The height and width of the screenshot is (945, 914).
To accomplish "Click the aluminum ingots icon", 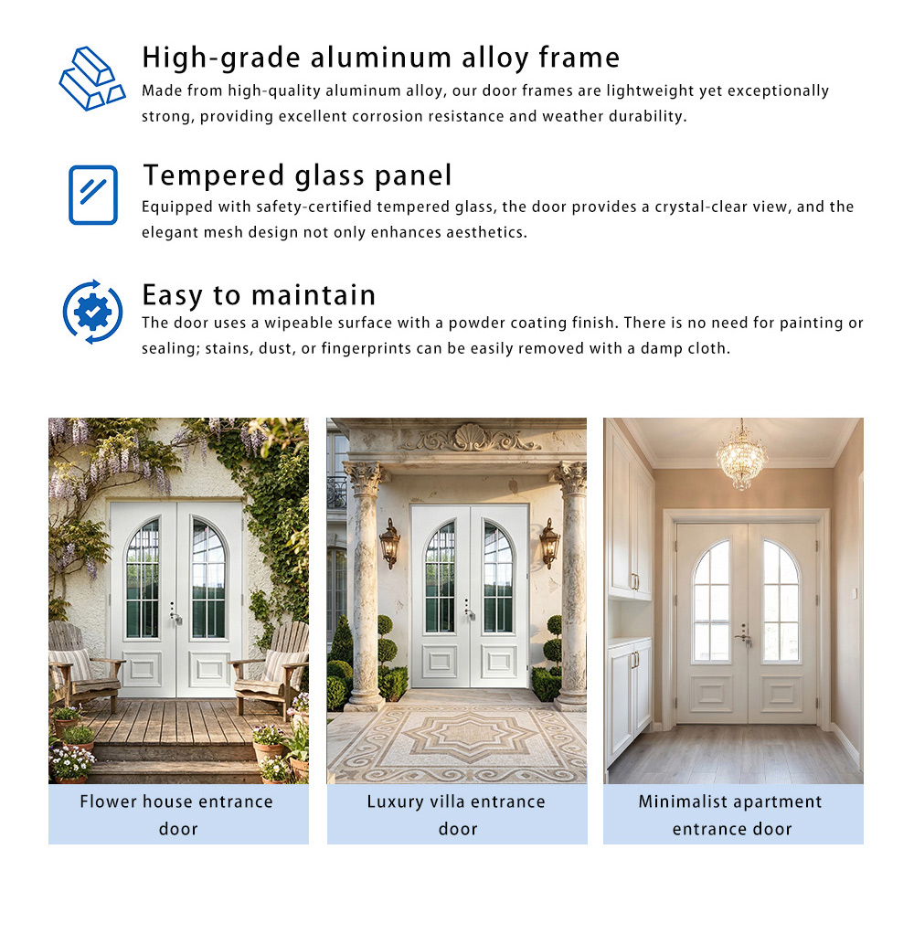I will [x=91, y=79].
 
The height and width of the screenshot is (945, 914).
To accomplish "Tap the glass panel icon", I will [x=93, y=195].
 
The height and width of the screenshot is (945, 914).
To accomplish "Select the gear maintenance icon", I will [x=92, y=313].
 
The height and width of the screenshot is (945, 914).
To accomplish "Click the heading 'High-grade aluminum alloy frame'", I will [x=380, y=58].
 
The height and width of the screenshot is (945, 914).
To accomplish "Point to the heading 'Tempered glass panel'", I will [x=297, y=175].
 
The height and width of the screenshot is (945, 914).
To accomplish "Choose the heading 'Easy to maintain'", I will [x=259, y=294].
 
